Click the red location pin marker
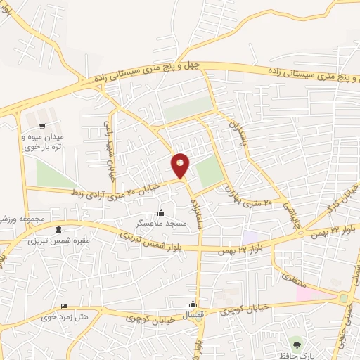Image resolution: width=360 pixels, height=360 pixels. coord(181,165)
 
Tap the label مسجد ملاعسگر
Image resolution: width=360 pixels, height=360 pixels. coord(160,223)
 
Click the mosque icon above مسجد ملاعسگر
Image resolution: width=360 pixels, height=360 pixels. coord(162,212)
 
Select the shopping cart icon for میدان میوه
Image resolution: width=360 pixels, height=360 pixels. coord(43,126)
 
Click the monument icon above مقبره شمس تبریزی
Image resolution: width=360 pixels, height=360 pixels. coord(58,229)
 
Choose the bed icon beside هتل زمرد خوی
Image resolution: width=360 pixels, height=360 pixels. coord(65,307)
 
